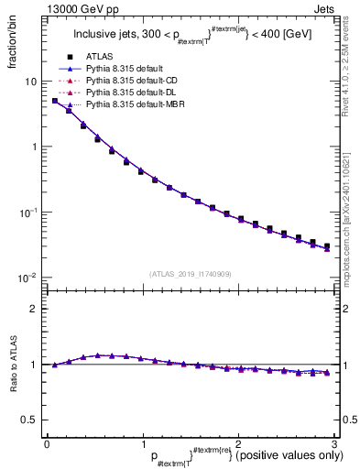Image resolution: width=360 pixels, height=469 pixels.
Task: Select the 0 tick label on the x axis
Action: coord(47,444)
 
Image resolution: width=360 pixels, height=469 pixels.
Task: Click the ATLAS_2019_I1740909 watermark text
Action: coord(191,275)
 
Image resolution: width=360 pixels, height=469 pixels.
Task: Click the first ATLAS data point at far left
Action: coord(54,101)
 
